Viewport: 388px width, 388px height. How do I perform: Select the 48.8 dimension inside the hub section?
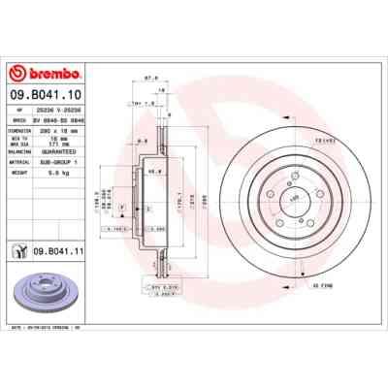[x=154, y=172]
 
